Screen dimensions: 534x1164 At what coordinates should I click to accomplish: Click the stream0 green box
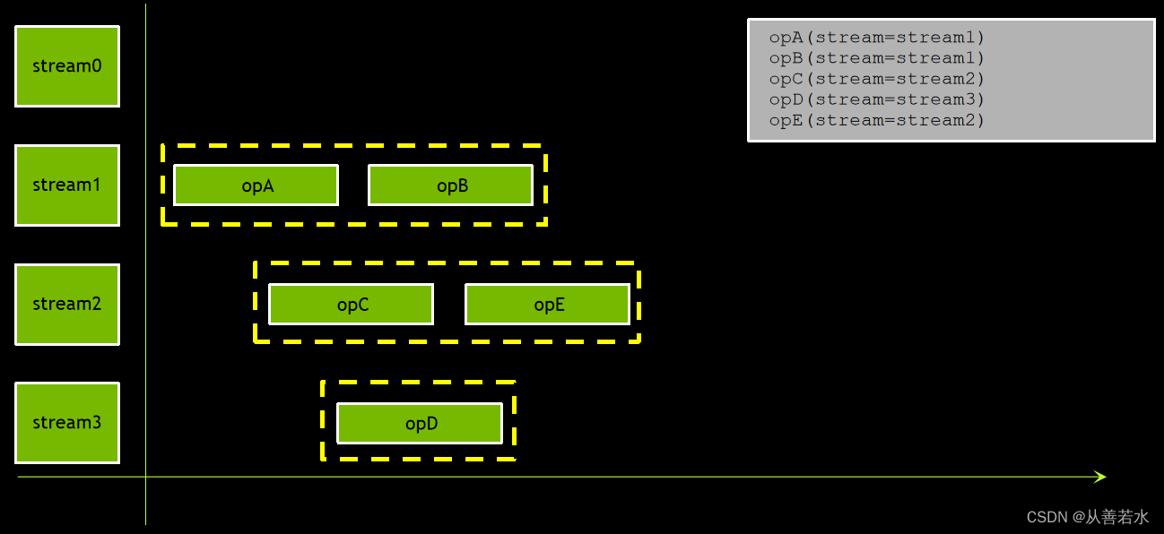pyautogui.click(x=67, y=66)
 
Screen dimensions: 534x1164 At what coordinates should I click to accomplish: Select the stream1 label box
pyautogui.click(x=67, y=185)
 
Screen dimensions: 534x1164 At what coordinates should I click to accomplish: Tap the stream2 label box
pyautogui.click(x=67, y=304)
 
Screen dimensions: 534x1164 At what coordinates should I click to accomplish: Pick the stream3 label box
pyautogui.click(x=67, y=423)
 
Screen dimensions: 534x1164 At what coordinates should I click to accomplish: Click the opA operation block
pyautogui.click(x=256, y=185)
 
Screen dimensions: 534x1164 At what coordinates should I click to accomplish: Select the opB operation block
pyautogui.click(x=451, y=185)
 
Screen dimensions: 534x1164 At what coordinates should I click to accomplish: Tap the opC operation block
pyautogui.click(x=352, y=305)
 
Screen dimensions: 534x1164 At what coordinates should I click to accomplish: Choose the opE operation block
pyautogui.click(x=547, y=305)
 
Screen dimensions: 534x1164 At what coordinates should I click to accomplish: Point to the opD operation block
pyautogui.click(x=420, y=424)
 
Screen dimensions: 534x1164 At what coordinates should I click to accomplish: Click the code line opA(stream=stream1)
pyautogui.click(x=876, y=38)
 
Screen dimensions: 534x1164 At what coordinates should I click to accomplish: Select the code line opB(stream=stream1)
pyautogui.click(x=876, y=58)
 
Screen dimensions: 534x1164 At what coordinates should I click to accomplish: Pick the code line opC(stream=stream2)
pyautogui.click(x=876, y=79)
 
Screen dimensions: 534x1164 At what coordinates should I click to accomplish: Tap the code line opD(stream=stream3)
pyautogui.click(x=876, y=99)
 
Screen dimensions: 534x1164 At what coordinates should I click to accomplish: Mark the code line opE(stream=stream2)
pyautogui.click(x=876, y=120)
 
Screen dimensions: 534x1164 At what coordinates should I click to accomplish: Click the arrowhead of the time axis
pyautogui.click(x=1101, y=477)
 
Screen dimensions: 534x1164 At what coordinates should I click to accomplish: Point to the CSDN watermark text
pyautogui.click(x=1047, y=517)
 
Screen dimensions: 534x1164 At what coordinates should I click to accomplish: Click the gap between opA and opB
pyautogui.click(x=353, y=185)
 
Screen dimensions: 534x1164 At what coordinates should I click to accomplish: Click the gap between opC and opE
pyautogui.click(x=449, y=305)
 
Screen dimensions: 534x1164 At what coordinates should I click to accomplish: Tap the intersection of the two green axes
pyautogui.click(x=145, y=477)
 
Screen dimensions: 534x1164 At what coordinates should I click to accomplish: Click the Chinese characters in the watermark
pyautogui.click(x=1117, y=517)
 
